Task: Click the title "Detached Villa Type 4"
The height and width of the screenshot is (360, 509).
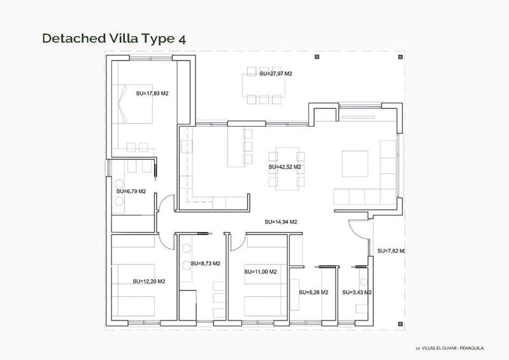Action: pos(114,38)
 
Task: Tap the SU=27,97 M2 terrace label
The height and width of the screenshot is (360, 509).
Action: pos(276,74)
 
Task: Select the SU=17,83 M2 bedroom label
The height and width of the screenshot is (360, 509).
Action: pos(152,93)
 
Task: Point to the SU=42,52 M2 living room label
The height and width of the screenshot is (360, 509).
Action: pos(285,167)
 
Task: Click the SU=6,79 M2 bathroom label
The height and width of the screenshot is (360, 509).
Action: pos(131,191)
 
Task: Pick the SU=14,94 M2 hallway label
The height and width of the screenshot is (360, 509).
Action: pos(282,222)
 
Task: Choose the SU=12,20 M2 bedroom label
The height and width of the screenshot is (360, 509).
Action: pos(149,281)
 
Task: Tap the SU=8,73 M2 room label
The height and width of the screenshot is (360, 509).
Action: pos(205,263)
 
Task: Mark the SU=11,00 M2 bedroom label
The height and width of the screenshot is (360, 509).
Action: pos(261,271)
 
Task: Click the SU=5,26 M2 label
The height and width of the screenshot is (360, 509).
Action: pos(313,292)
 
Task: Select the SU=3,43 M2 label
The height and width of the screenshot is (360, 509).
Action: pos(357,292)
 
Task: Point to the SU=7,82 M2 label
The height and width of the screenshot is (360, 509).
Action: pos(391,251)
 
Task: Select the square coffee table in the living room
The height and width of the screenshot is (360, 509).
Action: pos(355,163)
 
